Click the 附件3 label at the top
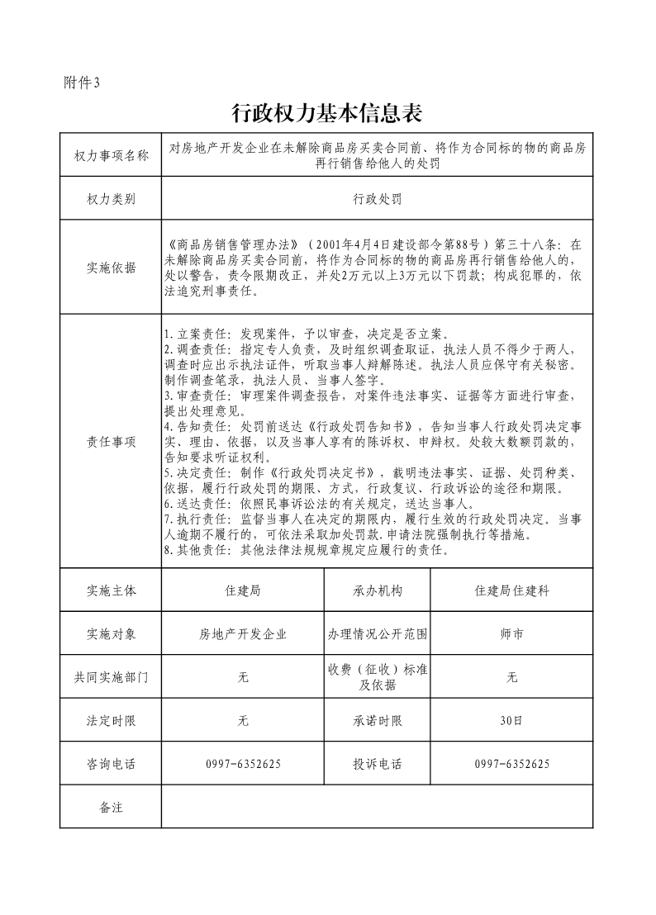[x=81, y=82]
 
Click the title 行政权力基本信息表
[x=327, y=112]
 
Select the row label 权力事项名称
[x=111, y=155]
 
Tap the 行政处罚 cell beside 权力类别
[x=377, y=199]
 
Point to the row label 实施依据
[x=111, y=268]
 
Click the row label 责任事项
[x=111, y=442]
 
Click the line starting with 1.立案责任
[x=306, y=335]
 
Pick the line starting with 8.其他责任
[x=306, y=550]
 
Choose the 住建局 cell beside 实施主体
[x=243, y=591]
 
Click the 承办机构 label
[x=377, y=591]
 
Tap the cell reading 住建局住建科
[x=511, y=591]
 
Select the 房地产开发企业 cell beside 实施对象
[x=243, y=634]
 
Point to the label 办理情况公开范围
[x=377, y=634]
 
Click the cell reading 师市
[x=511, y=634]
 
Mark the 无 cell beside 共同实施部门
[x=243, y=677]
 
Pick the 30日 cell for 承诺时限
[x=511, y=720]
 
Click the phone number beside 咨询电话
[x=243, y=764]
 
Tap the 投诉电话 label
[x=377, y=764]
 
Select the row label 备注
[x=111, y=807]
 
